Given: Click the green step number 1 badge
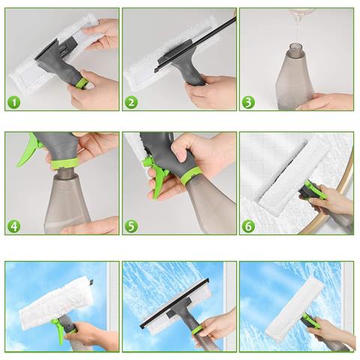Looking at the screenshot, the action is (x=14, y=103).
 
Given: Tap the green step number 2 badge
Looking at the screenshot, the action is (x=131, y=103).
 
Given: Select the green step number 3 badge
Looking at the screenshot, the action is (x=248, y=103).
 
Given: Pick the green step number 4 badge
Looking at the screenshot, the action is (x=14, y=226).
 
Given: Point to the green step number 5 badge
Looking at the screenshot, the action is (x=131, y=226).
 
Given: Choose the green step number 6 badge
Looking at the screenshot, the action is (x=248, y=226).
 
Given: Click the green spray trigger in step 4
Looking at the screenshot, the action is (x=28, y=151).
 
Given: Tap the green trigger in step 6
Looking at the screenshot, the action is (x=316, y=190).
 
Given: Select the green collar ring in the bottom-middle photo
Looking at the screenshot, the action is (x=198, y=330).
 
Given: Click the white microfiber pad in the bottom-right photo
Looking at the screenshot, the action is (x=295, y=306).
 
